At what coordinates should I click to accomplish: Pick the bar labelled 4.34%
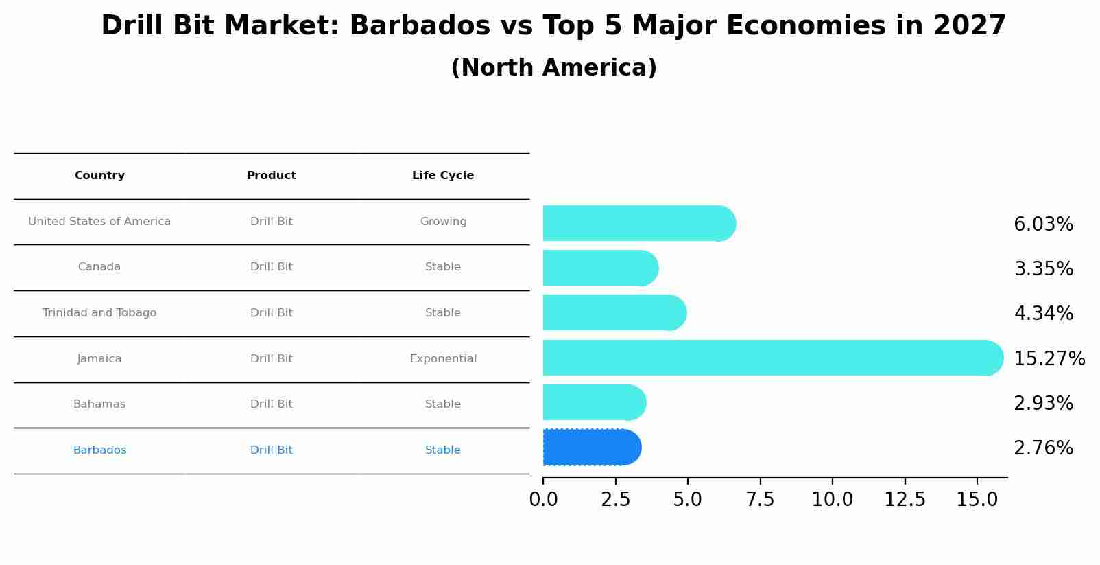point(614,312)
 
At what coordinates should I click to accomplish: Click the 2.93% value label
point(1043,404)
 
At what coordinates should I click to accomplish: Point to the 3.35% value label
point(1043,269)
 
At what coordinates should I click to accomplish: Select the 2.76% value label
point(1043,448)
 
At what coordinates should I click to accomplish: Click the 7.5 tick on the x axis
point(760,500)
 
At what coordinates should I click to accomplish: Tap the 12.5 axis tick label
point(905,500)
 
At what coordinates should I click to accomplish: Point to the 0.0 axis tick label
point(543,500)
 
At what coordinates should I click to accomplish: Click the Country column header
point(99,176)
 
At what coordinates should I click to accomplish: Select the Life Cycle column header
point(443,176)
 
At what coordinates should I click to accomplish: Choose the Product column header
point(272,176)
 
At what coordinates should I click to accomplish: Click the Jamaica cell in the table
point(99,359)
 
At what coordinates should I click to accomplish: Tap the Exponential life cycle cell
point(443,359)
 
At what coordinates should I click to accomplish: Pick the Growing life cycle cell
point(443,222)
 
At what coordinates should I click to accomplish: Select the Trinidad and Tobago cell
point(99,313)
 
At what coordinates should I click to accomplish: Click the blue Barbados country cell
point(99,450)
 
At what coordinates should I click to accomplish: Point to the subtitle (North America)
point(553,68)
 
